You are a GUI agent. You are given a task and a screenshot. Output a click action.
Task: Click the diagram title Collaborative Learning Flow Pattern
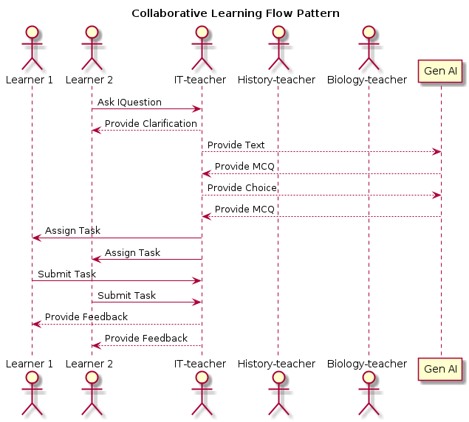[x=235, y=13]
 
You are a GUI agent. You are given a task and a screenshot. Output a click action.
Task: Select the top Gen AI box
[x=441, y=72]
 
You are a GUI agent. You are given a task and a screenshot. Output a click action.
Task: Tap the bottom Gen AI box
[x=441, y=368]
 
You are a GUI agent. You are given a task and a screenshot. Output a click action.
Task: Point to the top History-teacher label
[x=278, y=80]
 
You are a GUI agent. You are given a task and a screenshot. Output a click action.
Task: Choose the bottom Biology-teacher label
[x=368, y=364]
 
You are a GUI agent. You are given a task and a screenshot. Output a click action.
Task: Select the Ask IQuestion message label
[x=129, y=102]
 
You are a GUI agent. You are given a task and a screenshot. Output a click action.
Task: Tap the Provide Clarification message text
[x=151, y=123]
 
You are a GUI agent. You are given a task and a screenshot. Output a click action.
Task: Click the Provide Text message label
[x=236, y=145]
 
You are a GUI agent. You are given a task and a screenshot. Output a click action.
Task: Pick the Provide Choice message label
[x=242, y=187]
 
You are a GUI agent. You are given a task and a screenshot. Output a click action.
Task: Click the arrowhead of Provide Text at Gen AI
[x=437, y=152]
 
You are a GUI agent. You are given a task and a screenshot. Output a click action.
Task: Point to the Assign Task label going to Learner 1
[x=72, y=230]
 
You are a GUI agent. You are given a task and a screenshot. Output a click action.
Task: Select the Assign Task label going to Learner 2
[x=132, y=252]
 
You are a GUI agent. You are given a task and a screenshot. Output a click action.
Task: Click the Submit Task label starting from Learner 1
[x=66, y=274]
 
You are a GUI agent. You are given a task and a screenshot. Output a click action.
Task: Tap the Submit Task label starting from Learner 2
[x=126, y=295]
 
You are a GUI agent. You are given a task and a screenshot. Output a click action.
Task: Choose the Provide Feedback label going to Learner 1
[x=86, y=316]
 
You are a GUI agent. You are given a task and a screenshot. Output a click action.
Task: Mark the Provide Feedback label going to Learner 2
[x=146, y=338]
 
